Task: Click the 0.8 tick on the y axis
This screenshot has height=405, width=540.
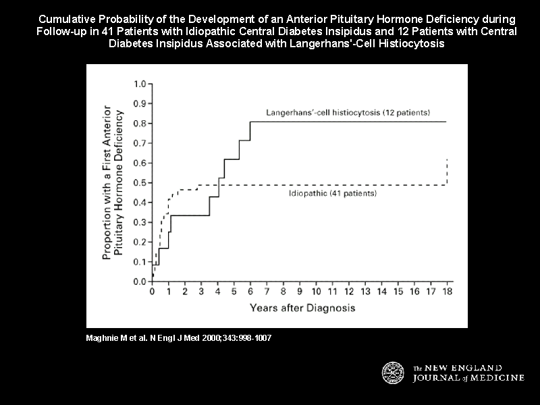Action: (x=140, y=124)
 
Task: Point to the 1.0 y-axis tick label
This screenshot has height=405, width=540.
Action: (x=140, y=84)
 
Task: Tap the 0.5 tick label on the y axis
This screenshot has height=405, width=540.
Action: (x=140, y=183)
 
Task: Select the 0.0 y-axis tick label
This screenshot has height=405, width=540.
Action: (x=140, y=281)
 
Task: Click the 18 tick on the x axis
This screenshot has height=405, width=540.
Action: (x=446, y=292)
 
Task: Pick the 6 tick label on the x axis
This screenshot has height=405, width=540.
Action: (x=250, y=292)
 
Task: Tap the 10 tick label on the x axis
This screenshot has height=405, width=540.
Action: (x=315, y=292)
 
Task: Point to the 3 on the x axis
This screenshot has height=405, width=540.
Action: (x=201, y=292)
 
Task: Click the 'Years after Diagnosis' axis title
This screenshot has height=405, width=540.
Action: (x=302, y=308)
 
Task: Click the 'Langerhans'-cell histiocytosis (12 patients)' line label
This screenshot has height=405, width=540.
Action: (x=347, y=112)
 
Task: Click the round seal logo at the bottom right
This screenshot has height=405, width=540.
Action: (x=394, y=373)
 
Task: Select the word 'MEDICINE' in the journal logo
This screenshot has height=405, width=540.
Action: (x=495, y=378)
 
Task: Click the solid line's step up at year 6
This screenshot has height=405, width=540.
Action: (x=250, y=131)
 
